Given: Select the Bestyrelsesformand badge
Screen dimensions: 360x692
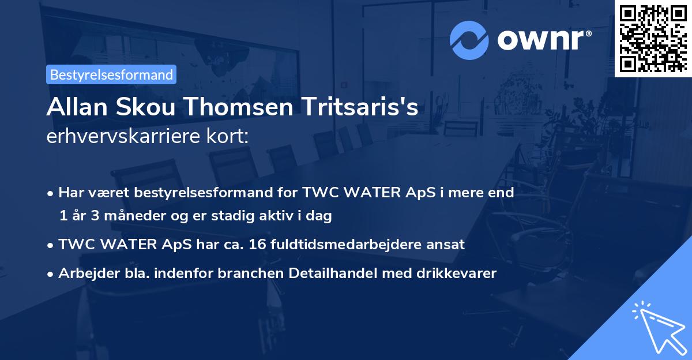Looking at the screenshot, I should coord(111,74).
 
